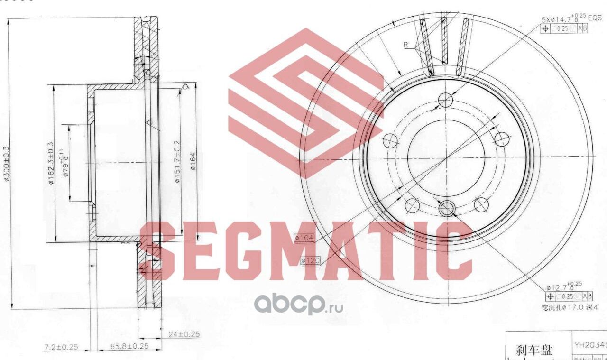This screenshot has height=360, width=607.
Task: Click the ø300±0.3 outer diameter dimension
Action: click(7, 164)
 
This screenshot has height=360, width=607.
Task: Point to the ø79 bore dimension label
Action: click(64, 164)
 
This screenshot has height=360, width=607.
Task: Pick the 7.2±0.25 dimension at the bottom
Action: click(61, 347)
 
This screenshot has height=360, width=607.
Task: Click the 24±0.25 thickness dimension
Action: click(184, 334)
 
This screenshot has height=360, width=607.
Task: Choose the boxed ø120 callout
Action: click(311, 260)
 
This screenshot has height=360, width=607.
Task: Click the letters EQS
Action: click(595, 18)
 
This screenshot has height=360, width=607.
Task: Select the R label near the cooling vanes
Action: click(406, 45)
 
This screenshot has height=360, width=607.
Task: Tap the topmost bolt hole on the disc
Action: click(445, 100)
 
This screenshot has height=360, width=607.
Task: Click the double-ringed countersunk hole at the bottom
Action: click(447, 208)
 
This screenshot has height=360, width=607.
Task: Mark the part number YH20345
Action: click(590, 345)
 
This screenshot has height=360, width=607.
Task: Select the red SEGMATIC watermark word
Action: click(305, 250)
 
